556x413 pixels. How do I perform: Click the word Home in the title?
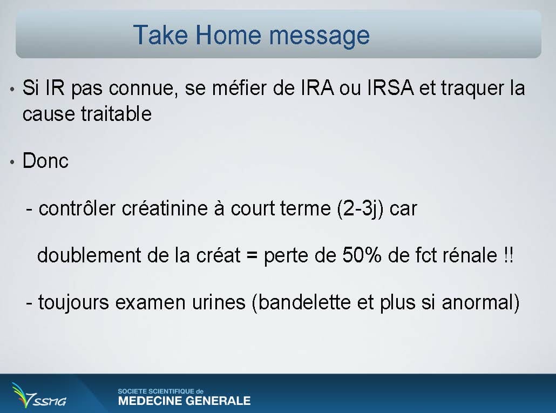228,35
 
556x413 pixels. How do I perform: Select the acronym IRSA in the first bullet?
390,87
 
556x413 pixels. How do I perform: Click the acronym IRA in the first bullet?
317,87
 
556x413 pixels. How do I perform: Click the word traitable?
116,114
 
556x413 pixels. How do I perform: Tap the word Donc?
45,160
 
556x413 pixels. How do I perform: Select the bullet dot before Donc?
12,163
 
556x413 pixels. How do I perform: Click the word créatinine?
165,208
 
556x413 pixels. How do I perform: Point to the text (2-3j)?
360,209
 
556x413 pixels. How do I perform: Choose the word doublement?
89,255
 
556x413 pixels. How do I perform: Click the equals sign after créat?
252,255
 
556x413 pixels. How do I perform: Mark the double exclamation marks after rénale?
508,255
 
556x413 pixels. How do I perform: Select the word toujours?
73,303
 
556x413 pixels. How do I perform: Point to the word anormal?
478,303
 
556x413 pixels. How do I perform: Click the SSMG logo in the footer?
39,395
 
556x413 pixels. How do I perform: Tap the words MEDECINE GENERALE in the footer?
184,401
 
